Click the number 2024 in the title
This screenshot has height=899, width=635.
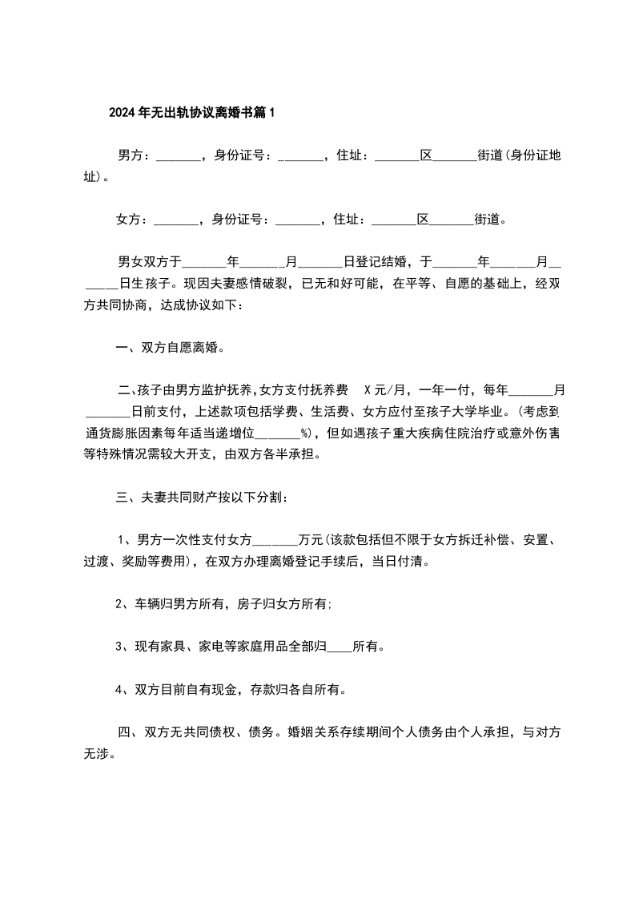(123, 113)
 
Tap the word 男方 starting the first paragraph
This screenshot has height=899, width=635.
(130, 155)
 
